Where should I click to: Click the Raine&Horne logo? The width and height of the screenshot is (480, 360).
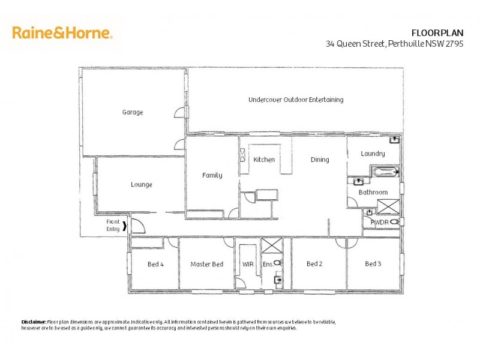62,32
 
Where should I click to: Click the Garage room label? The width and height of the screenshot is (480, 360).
133,112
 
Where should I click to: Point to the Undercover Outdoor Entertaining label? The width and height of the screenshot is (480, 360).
296,100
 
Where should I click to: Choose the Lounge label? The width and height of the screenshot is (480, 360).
142,185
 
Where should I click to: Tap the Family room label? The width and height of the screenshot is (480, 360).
212,175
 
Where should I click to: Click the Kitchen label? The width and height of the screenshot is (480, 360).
264,160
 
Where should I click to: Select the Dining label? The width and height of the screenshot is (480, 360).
320,160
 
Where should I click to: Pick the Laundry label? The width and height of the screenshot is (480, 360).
373,154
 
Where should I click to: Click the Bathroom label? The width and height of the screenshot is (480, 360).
373,192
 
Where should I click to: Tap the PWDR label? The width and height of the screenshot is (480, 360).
379,222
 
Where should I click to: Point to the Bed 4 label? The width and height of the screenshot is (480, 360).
155,264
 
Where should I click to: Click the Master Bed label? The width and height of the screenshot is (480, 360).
206,264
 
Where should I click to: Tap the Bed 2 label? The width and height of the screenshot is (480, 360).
315,264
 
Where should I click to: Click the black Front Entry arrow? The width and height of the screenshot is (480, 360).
125,226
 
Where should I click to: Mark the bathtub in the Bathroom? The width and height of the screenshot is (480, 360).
385,173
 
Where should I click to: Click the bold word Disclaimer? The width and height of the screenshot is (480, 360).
34,322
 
